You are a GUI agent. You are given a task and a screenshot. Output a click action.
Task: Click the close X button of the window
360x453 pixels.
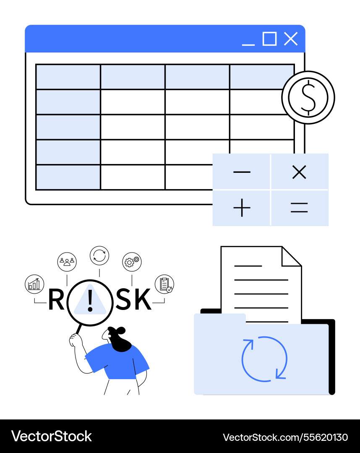pyautogui.click(x=290, y=39)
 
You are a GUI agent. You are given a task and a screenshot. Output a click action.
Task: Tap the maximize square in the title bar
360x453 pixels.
pyautogui.click(x=269, y=39)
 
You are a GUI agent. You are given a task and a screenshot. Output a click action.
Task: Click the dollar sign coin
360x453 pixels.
pyautogui.click(x=308, y=97)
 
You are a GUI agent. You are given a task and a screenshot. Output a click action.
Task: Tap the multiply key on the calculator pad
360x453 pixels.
pyautogui.click(x=299, y=172)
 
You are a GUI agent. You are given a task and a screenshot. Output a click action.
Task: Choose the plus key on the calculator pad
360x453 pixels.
pyautogui.click(x=242, y=208)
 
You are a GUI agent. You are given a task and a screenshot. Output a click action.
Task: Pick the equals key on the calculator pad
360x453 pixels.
pyautogui.click(x=299, y=208)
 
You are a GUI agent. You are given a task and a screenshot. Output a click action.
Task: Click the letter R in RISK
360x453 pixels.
pyautogui.click(x=56, y=300)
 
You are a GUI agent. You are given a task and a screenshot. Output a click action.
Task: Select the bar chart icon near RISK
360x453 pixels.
pyautogui.click(x=34, y=284)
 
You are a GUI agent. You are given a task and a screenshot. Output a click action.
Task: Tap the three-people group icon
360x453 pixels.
pyautogui.click(x=67, y=262)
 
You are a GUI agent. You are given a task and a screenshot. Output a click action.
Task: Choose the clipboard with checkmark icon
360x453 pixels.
pyautogui.click(x=164, y=284)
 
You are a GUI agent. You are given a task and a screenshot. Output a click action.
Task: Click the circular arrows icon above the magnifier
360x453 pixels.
pyautogui.click(x=99, y=255)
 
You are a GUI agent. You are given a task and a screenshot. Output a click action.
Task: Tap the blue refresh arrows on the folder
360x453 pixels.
pyautogui.click(x=264, y=359)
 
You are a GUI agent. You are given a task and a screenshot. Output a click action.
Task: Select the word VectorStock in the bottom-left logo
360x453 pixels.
pyautogui.click(x=51, y=436)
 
